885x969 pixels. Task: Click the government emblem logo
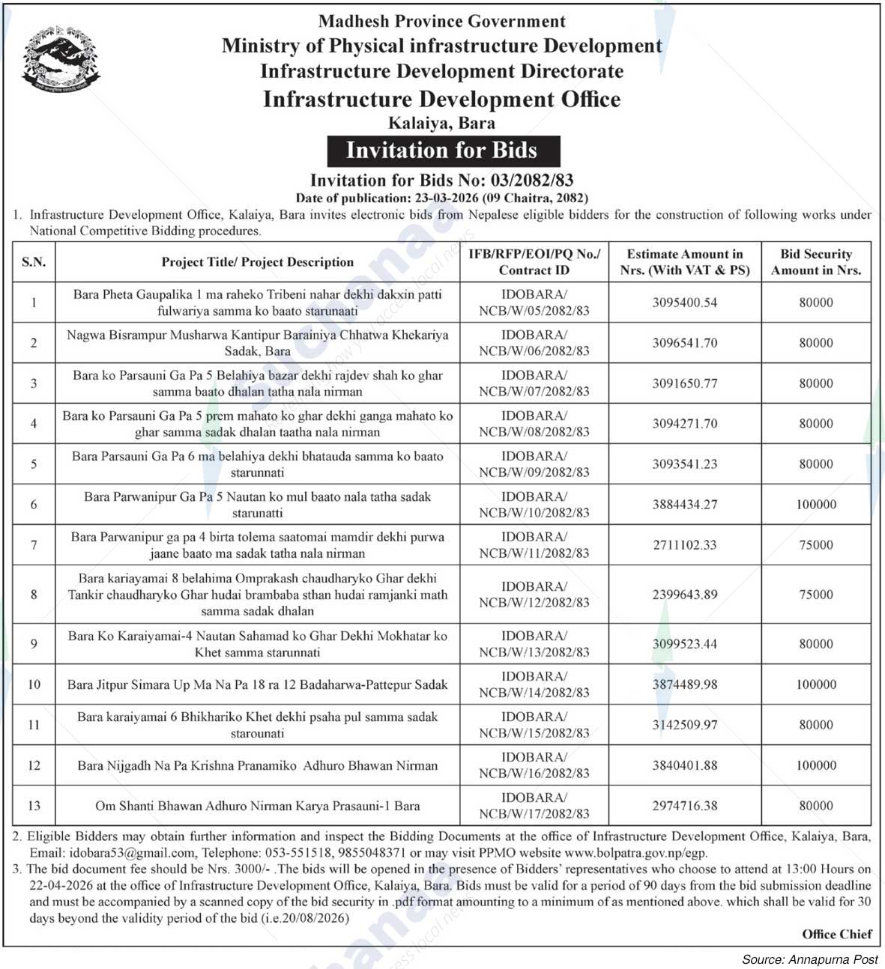pos(60,58)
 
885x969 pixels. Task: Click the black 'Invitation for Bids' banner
pos(442,151)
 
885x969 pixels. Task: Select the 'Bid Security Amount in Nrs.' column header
pos(815,262)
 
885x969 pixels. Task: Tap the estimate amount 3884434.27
pos(684,505)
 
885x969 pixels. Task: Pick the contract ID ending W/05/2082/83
pos(534,303)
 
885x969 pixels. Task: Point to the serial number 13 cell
pos(34,806)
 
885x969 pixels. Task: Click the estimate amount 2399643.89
pos(684,595)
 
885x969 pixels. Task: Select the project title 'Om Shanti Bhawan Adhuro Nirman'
pos(257,807)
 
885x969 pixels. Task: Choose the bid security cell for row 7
pos(815,545)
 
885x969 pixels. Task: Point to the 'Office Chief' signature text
pos(836,934)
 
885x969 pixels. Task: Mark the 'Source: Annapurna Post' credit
pos(809,959)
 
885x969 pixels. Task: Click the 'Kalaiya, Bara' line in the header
pos(441,122)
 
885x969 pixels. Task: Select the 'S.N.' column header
pos(34,262)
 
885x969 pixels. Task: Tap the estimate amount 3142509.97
pos(684,725)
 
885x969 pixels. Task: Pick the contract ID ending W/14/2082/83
pos(534,684)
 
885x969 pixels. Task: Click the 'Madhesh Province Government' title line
pos(441,22)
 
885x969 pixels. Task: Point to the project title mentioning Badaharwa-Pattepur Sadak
pos(257,684)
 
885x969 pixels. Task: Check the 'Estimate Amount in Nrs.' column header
pos(684,262)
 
